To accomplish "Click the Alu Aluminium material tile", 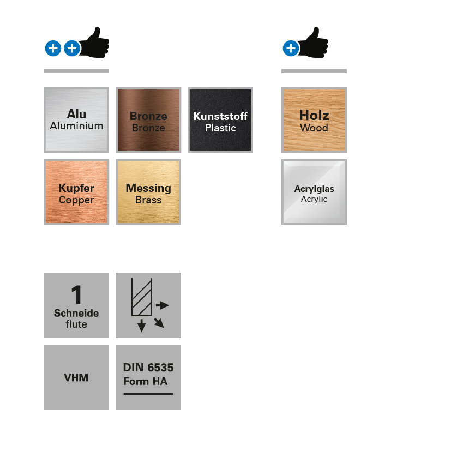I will tap(76, 120).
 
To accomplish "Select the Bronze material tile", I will tap(148, 120).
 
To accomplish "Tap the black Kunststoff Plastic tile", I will tap(220, 120).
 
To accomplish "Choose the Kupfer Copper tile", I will tap(76, 192).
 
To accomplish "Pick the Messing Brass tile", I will tap(148, 192).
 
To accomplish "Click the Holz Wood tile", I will tap(314, 120).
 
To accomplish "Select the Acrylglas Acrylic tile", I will tap(314, 192).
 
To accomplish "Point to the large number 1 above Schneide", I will tap(76, 296).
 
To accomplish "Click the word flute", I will tap(76, 324).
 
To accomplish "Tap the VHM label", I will tap(76, 377).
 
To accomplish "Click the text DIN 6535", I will tap(148, 368).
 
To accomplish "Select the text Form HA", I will tap(146, 381).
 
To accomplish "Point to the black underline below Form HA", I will tap(148, 393).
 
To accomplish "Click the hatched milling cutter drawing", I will tap(141, 297).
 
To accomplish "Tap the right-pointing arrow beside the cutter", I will tap(163, 305).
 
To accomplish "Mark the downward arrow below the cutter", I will tap(142, 326).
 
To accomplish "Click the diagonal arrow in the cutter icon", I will tap(159, 323).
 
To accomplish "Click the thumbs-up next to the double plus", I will tap(96, 43).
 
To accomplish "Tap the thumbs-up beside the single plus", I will tap(315, 43).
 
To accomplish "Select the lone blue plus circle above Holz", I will tap(291, 49).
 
